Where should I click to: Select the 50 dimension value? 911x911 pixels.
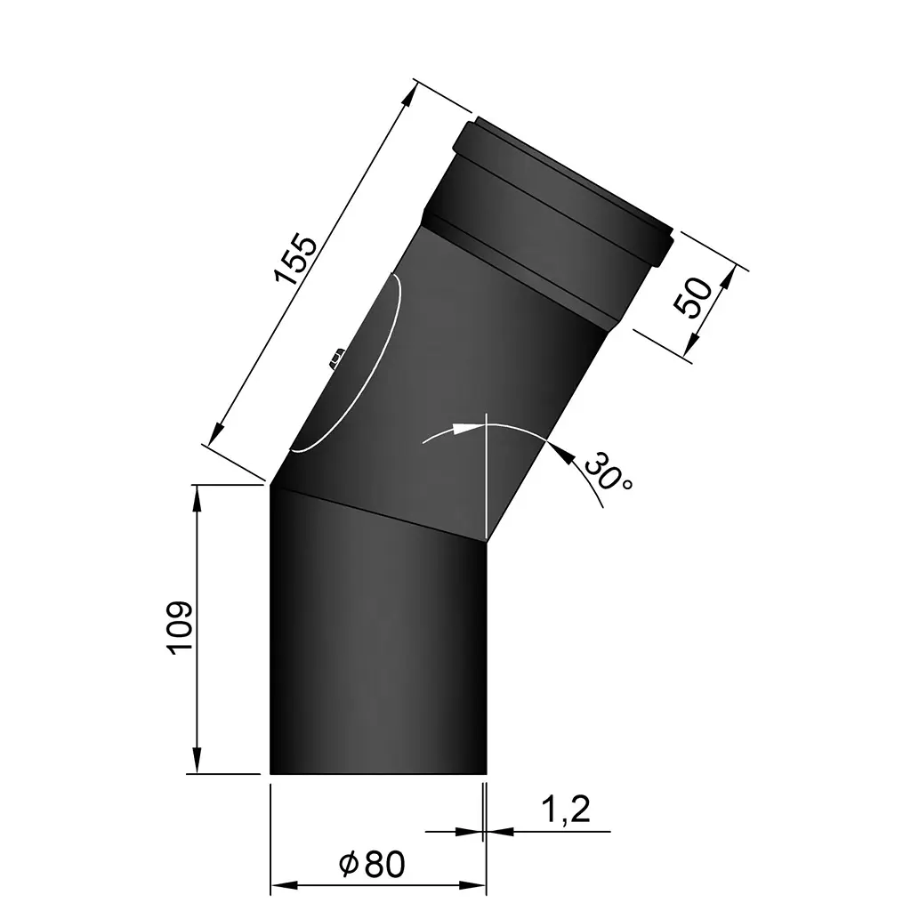coord(695,297)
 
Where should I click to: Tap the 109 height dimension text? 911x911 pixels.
coord(180,628)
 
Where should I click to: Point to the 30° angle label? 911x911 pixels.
coord(609,472)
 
